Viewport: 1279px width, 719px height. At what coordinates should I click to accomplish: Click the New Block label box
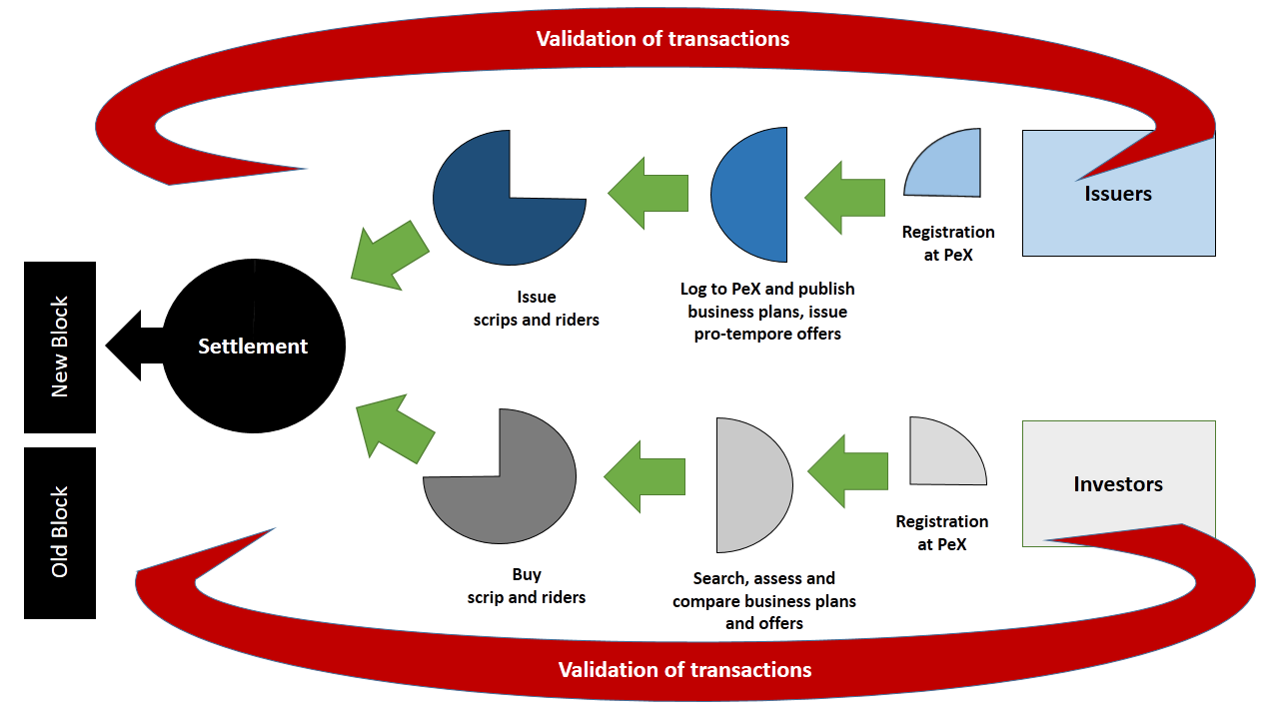pos(60,347)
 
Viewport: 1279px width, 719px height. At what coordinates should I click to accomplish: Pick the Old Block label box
pos(60,532)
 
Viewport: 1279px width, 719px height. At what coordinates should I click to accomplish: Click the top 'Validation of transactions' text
pos(662,39)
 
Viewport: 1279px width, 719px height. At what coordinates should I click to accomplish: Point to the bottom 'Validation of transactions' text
pos(684,669)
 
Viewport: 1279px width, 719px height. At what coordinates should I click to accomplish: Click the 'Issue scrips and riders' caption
pos(536,309)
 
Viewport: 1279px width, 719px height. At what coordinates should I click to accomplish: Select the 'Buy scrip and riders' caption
pos(527,586)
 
